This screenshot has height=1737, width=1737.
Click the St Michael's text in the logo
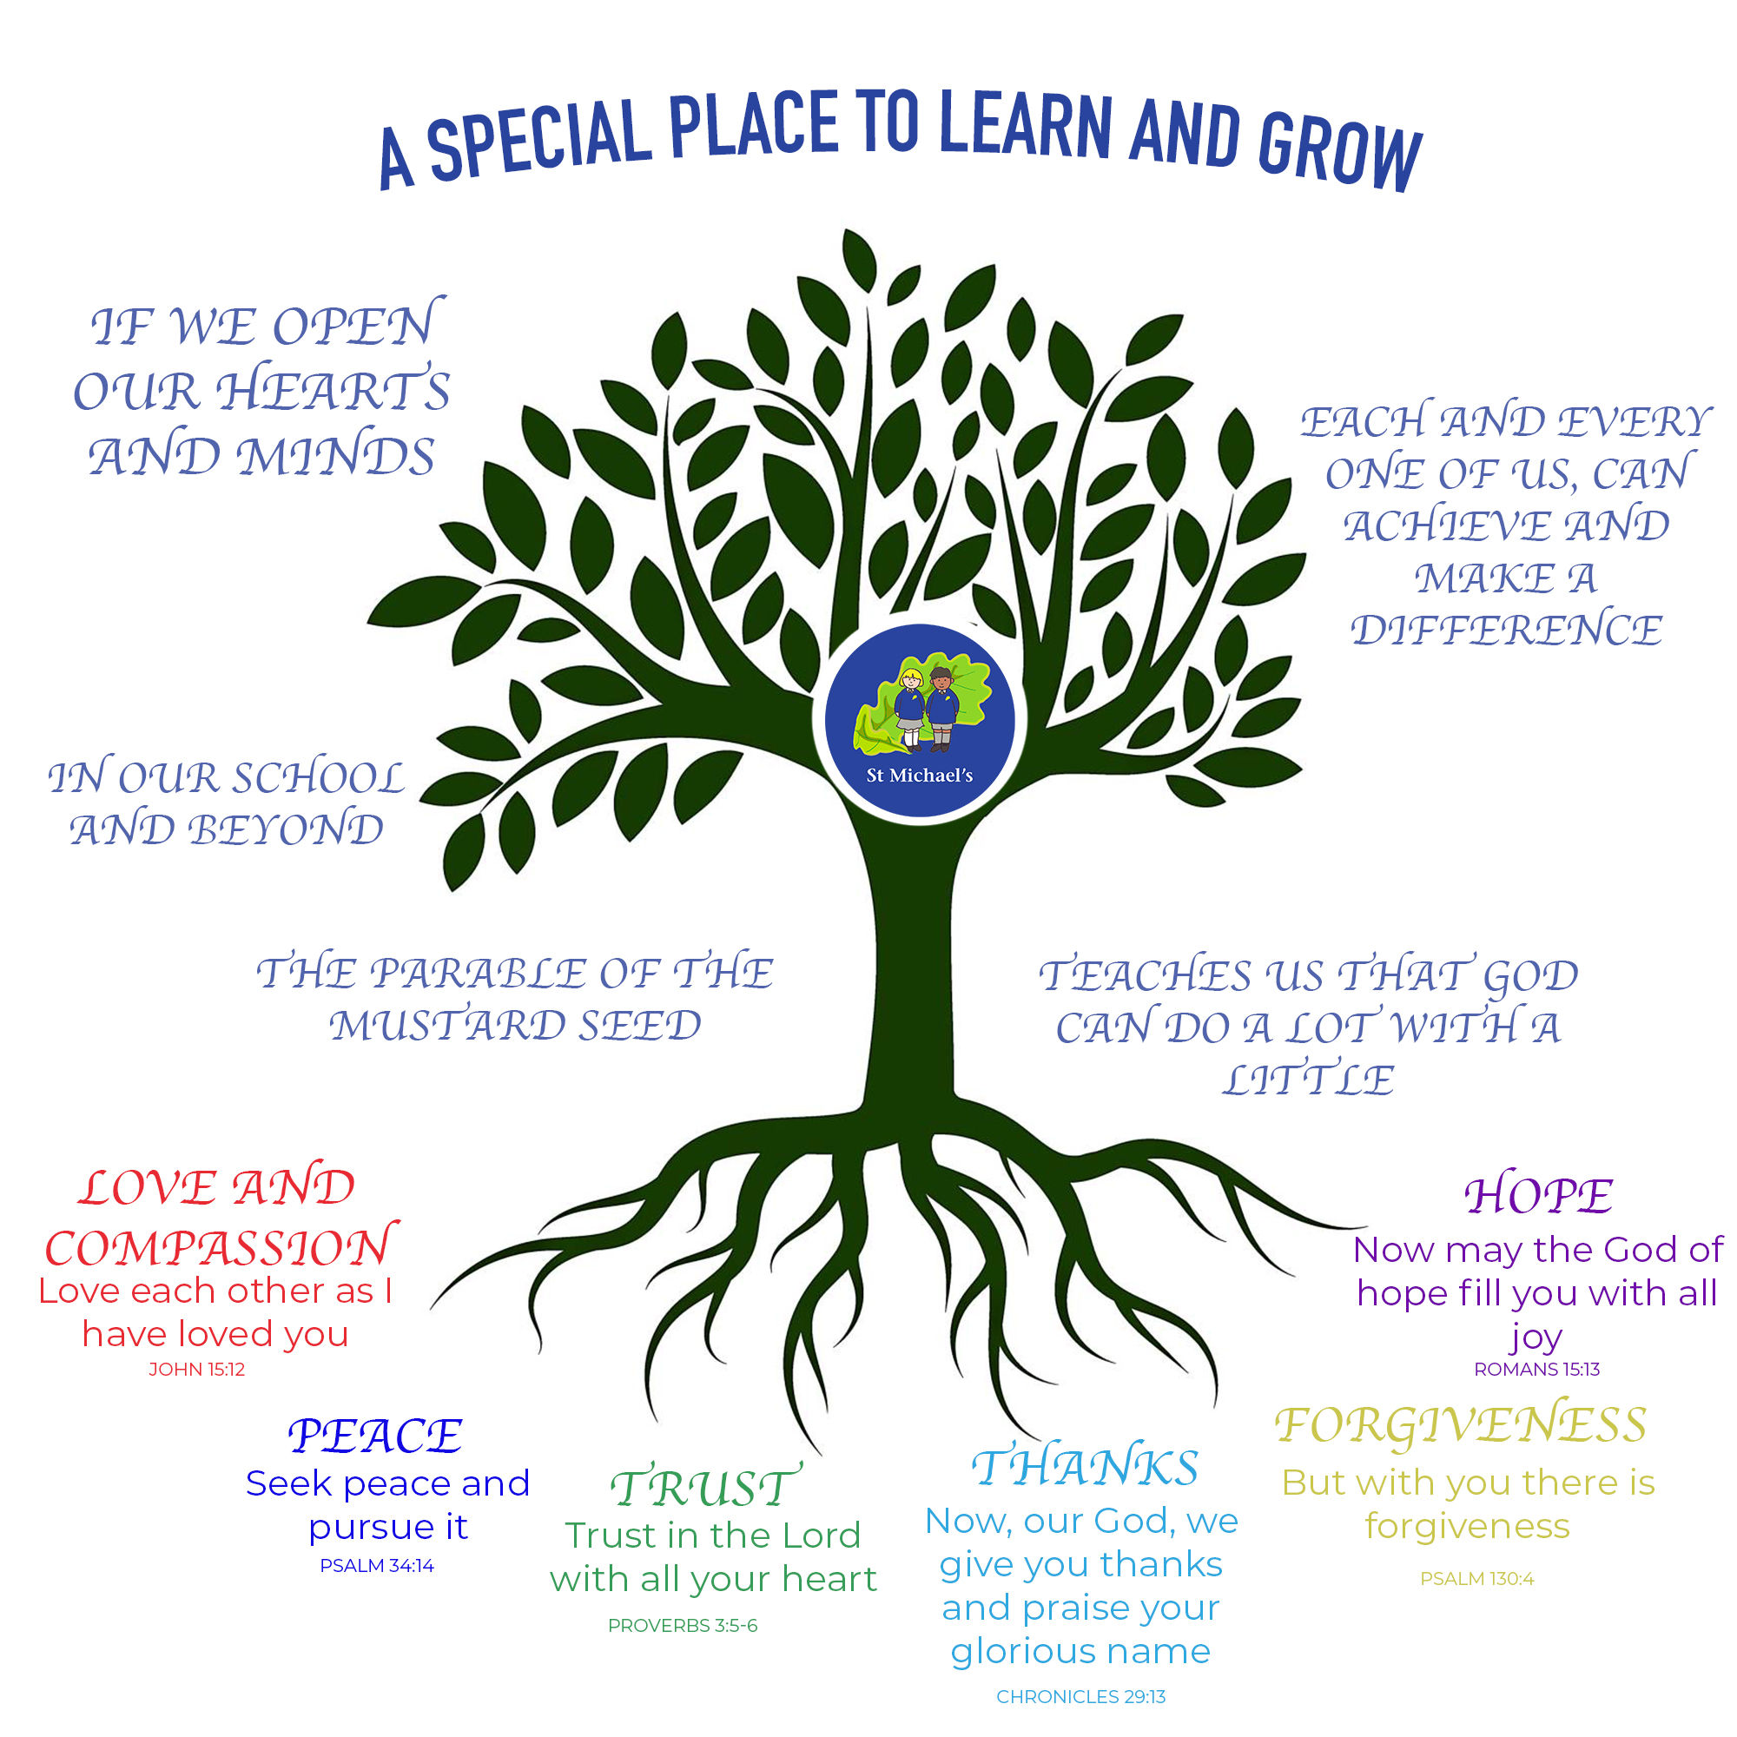(920, 775)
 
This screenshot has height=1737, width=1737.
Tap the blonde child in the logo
(911, 709)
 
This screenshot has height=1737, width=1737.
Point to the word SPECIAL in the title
(538, 138)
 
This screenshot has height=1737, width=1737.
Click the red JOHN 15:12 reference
(197, 1370)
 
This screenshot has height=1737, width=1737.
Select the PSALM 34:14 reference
(377, 1565)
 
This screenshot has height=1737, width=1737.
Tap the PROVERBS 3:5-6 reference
(683, 1626)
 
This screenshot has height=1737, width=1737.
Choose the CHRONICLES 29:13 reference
(1080, 1696)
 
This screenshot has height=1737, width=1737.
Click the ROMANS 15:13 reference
(1536, 1370)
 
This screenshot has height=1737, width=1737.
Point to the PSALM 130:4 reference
(1477, 1579)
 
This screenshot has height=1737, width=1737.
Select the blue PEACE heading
(375, 1436)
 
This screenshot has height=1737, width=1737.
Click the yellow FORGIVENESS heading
(1461, 1426)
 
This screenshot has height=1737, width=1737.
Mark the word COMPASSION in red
(221, 1248)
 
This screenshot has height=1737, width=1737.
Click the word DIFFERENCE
(1507, 631)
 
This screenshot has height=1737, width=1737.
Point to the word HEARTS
(334, 391)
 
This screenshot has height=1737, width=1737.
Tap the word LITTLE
(1308, 1080)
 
